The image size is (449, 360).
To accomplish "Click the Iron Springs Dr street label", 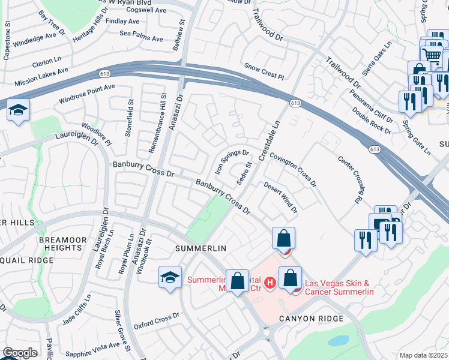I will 232,161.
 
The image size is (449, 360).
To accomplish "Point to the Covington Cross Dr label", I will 293,169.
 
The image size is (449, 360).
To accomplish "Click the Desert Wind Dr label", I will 281,197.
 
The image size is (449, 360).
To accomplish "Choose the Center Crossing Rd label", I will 352,179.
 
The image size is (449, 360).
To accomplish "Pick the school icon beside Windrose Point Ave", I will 18,110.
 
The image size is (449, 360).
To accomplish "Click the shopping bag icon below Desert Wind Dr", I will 283,238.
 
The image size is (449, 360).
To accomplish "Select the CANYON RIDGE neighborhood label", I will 311,318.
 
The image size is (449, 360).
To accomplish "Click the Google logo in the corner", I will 20,353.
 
